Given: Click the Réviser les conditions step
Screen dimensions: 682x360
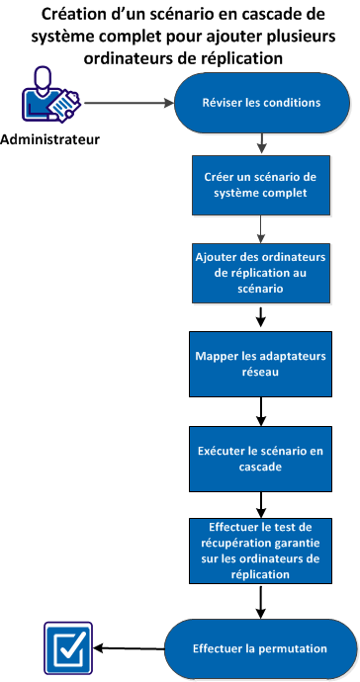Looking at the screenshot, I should coord(261,101).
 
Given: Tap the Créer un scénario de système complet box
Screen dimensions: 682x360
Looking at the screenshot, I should coord(261,185).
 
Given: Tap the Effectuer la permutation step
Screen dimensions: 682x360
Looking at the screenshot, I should coord(261,649).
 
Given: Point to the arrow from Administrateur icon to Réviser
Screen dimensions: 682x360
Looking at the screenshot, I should coord(129,101).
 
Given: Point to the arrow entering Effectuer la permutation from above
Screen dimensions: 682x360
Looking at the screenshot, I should coord(261,600).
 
